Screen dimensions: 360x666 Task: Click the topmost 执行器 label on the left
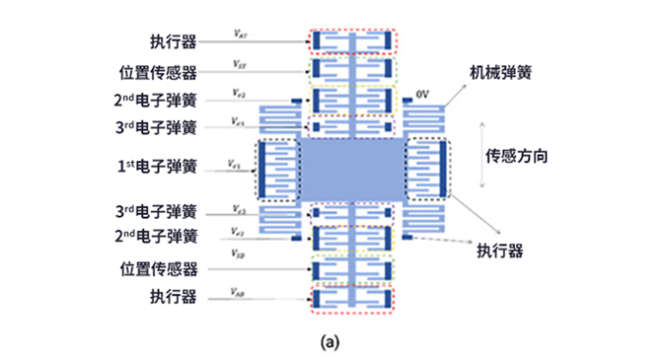click(x=173, y=42)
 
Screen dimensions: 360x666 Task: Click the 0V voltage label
click(x=422, y=92)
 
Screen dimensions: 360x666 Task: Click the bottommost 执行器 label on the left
click(x=173, y=297)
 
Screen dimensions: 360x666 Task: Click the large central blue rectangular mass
click(x=351, y=170)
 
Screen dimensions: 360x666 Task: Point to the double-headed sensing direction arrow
click(x=481, y=155)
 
